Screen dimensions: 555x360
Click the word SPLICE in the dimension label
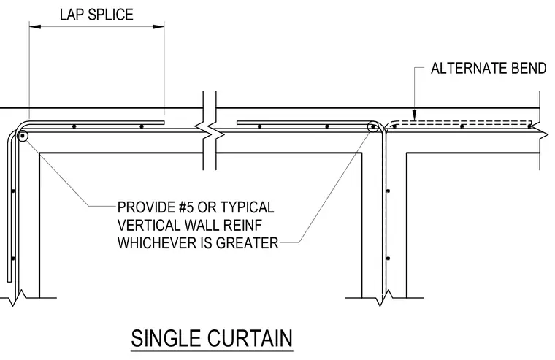(110, 15)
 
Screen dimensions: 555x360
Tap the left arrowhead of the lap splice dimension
(35, 26)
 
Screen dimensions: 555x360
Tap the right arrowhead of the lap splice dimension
(158, 26)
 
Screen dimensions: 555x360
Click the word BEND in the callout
(527, 69)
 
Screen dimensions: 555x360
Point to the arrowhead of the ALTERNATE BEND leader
(415, 115)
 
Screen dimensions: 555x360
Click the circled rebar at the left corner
(23, 136)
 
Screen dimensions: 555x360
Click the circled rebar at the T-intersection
(372, 127)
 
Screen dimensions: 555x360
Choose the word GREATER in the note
(248, 243)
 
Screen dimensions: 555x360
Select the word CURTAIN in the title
(250, 338)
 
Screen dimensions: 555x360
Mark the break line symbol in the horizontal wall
(210, 130)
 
